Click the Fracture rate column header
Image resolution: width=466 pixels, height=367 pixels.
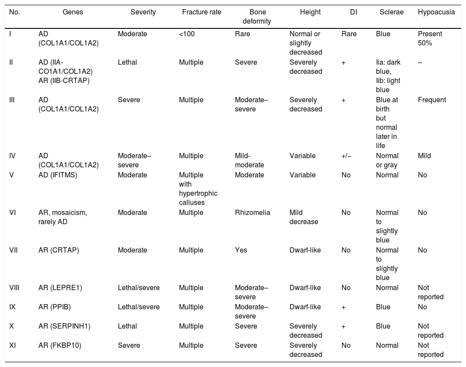coord(201,12)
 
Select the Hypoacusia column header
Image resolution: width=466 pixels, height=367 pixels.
coord(436,12)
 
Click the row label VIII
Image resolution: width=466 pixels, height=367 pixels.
coord(15,288)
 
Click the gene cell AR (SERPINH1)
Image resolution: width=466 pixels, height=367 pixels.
coord(64,326)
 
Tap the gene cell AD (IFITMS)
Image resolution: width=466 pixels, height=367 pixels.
coord(59,175)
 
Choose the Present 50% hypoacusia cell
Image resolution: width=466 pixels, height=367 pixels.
coord(430,38)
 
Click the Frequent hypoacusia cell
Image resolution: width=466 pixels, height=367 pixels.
coord(431,100)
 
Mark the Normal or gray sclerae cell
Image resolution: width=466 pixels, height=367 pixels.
coord(387,160)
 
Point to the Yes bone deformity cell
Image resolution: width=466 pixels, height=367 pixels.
coord(241,250)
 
